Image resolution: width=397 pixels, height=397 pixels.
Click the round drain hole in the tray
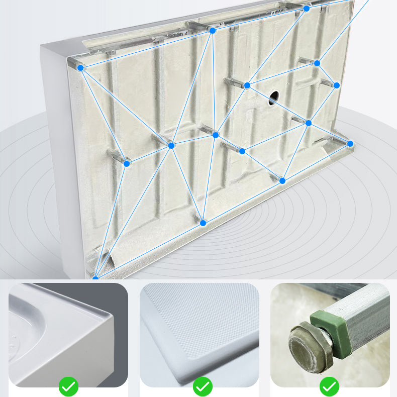point(274,97)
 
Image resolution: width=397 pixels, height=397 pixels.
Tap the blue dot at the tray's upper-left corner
point(81,67)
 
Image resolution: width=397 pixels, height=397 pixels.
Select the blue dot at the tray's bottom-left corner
point(95,278)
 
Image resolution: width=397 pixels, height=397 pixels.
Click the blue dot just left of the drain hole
point(247,85)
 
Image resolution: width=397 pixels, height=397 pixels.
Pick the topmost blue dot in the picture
point(306,8)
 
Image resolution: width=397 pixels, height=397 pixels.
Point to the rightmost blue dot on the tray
point(350,144)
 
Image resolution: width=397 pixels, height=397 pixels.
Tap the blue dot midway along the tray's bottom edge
point(203,223)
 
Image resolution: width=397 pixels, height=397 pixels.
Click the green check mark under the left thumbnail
point(68,386)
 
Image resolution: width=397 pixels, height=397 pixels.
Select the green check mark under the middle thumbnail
point(203,386)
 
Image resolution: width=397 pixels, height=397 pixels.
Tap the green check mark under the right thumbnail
point(330,386)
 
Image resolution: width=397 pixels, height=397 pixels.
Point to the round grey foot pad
point(304,349)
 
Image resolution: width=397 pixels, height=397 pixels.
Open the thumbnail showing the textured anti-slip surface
point(200,332)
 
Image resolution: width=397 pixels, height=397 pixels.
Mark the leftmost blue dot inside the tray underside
point(127,163)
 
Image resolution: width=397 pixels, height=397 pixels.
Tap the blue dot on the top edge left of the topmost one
point(213,31)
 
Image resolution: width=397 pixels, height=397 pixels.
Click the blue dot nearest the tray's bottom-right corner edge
point(282,180)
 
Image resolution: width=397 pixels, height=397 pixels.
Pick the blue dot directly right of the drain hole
point(309,123)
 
